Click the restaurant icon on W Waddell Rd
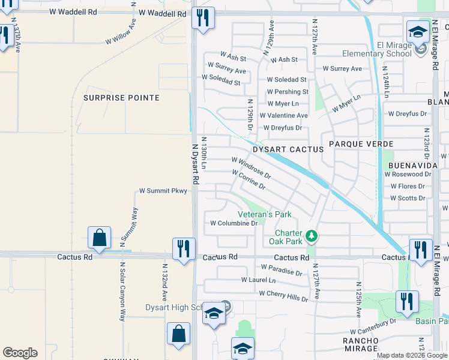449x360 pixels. point(203,18)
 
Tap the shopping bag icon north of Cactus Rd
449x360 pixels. point(99,238)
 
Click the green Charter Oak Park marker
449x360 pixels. point(311,236)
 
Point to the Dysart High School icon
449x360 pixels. point(214,313)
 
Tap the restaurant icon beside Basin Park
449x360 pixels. point(407,303)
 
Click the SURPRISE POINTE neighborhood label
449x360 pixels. point(121,98)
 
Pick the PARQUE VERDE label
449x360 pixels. point(361,145)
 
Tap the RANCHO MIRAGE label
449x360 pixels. point(360,344)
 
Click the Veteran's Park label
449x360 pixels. point(264,214)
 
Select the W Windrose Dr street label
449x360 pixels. point(251,169)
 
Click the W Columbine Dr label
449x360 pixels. point(234,223)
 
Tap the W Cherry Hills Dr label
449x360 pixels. point(283,295)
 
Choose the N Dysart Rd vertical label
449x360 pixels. point(195,163)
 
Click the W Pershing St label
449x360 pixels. point(288,92)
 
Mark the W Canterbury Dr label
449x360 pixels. point(373,326)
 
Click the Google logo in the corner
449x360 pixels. point(20,353)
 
